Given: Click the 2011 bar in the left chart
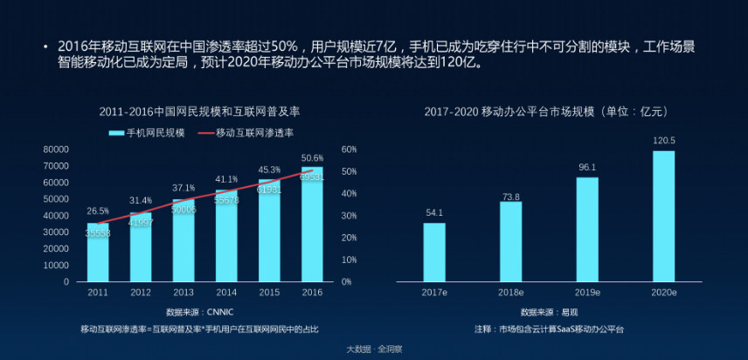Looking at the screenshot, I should (x=98, y=253).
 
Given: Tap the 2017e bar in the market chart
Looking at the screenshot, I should (x=434, y=253).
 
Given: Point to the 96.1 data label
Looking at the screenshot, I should (x=587, y=167).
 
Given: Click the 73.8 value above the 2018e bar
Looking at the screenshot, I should (x=510, y=197).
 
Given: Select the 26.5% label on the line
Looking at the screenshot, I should (x=98, y=211).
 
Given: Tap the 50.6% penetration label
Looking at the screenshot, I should (x=312, y=158).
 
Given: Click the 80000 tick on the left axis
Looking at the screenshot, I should (x=56, y=149).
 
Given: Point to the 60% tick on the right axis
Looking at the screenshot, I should (x=350, y=149).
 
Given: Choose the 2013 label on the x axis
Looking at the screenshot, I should (x=184, y=293).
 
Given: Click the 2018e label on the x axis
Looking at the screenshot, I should (x=510, y=293).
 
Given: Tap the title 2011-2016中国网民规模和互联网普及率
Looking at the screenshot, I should (x=200, y=113).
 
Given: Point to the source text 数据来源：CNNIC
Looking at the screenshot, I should (x=200, y=312).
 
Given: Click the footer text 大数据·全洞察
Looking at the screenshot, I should (x=374, y=350).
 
